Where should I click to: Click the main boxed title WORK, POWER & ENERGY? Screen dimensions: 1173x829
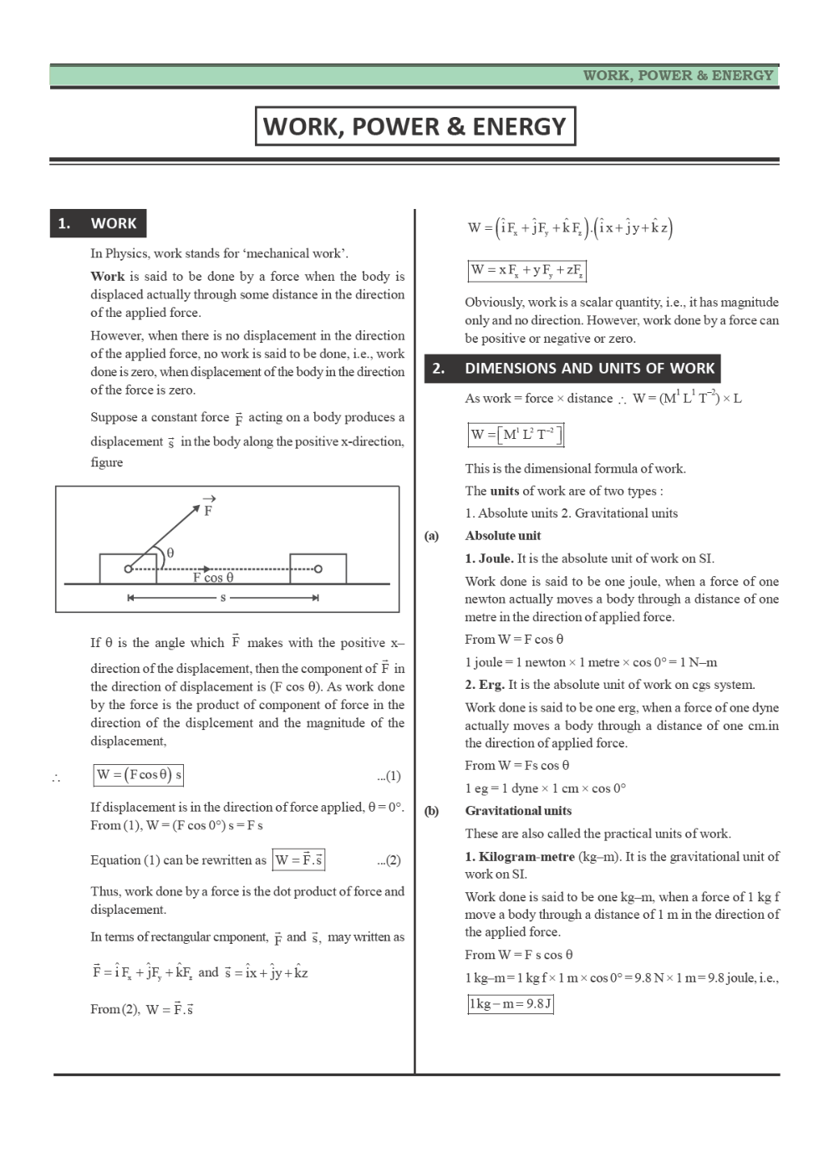tap(414, 126)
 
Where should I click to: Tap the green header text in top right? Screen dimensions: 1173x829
tap(678, 75)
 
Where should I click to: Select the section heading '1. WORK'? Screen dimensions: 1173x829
tap(98, 223)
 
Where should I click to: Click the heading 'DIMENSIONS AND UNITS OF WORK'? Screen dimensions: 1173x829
tap(588, 368)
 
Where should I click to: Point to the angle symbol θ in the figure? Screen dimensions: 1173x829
tap(170, 553)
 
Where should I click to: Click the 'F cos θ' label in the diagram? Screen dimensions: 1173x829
tap(213, 578)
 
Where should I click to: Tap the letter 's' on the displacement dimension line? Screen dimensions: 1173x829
tap(223, 598)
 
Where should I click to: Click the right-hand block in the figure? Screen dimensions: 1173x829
tap(318, 569)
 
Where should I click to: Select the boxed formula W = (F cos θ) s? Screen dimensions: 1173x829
tap(139, 775)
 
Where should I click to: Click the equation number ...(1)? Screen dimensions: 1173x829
tap(389, 776)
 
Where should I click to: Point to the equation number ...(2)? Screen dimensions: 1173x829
tap(389, 860)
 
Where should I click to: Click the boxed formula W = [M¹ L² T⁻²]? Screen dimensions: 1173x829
tap(516, 435)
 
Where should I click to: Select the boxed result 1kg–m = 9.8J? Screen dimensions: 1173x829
tap(511, 1004)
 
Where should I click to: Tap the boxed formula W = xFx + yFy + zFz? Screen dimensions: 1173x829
tap(526, 271)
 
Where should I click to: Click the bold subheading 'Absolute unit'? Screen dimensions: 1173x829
tap(503, 536)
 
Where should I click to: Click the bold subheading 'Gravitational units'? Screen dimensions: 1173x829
tap(518, 811)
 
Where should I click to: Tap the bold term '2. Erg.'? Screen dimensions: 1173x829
tap(485, 685)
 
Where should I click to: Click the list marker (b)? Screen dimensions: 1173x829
tap(431, 811)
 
